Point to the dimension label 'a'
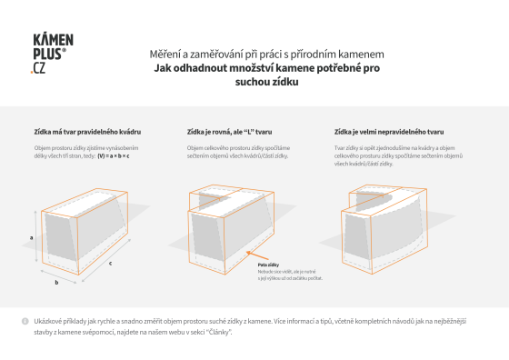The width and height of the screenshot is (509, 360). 32,236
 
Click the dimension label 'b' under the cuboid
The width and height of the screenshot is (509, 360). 57,283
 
